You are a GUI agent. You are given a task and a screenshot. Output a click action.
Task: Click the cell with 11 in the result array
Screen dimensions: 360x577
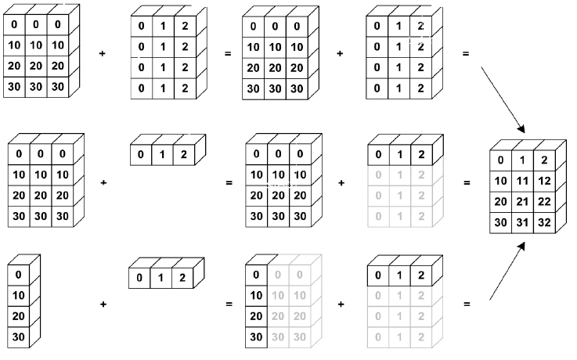coord(521,182)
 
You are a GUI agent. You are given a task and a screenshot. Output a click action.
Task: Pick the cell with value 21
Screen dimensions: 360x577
coord(521,202)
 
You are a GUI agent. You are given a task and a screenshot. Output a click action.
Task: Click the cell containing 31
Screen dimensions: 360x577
coord(521,222)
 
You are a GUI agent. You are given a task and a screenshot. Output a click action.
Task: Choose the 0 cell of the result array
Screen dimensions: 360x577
coord(500,161)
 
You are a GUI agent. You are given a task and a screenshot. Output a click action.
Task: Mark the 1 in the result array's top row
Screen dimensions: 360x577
coord(521,161)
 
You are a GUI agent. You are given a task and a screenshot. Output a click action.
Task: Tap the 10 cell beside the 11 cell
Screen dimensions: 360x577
coord(500,182)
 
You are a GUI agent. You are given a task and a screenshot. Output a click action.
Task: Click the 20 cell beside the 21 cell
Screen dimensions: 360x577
coord(500,202)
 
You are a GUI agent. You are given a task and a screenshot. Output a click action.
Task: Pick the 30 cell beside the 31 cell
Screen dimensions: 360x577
coord(500,222)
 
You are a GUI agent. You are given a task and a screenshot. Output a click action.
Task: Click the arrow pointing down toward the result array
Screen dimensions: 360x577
coord(501,99)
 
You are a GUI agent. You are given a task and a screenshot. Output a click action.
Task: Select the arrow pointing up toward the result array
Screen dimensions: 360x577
coord(507,271)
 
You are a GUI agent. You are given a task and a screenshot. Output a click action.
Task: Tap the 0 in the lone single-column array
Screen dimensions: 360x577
coord(19,275)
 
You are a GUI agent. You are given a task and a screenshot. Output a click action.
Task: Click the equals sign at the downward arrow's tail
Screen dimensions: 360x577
coord(467,54)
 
